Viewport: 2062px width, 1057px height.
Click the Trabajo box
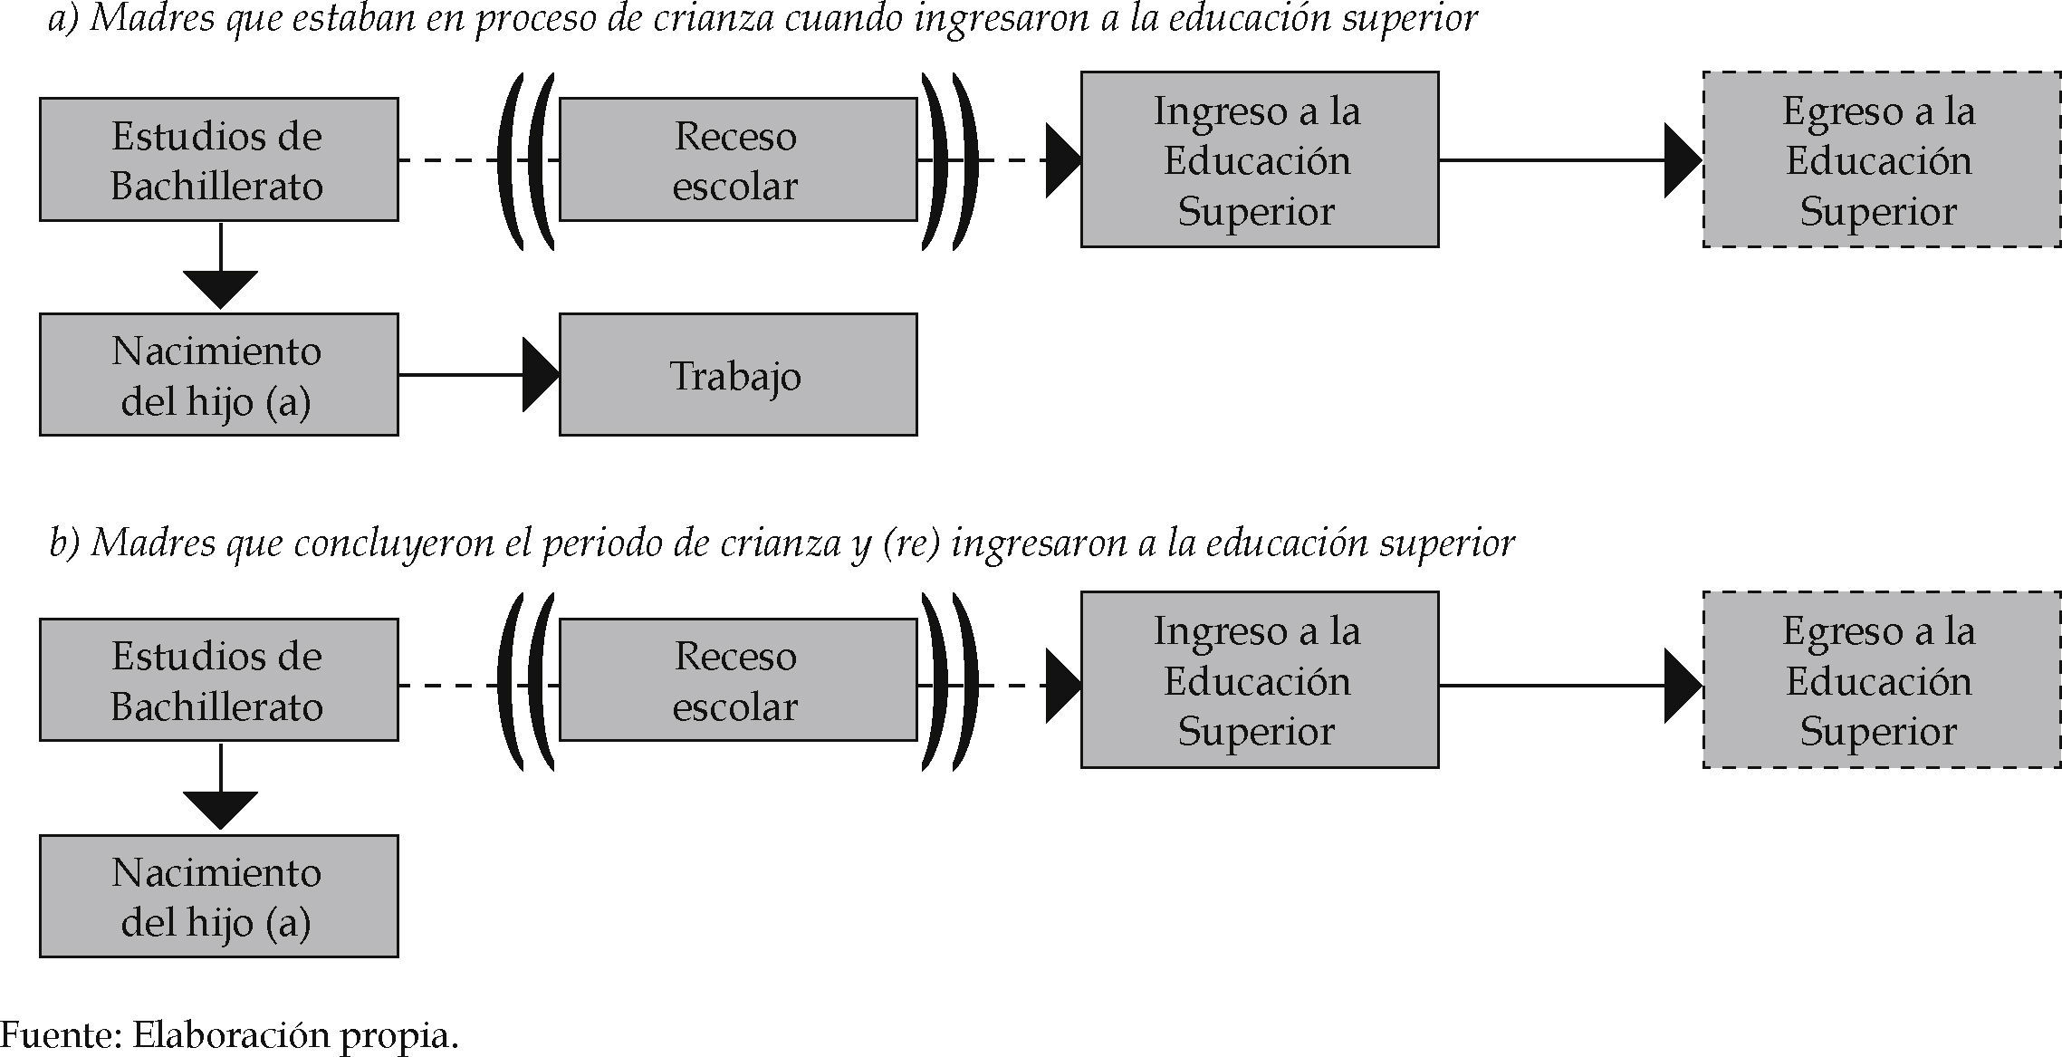coord(737,375)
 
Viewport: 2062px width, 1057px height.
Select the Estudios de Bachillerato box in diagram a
coord(218,160)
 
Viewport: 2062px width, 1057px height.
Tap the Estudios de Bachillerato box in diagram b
coord(218,680)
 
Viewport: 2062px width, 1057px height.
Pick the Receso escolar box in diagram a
coord(737,160)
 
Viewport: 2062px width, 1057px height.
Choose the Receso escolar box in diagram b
coord(737,680)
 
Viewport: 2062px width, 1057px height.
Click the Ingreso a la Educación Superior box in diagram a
coord(1259,160)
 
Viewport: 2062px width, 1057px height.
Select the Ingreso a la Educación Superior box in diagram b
coord(1259,680)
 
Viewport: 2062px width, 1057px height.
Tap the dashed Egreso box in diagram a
coord(1881,160)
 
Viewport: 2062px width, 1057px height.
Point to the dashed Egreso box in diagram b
coord(1881,680)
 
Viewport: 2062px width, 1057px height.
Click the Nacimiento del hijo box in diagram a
coord(218,375)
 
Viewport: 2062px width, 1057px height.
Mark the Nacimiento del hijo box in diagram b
coord(218,896)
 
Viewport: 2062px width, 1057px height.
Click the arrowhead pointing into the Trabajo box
coord(540,375)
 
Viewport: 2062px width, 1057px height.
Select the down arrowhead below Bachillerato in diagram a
coord(220,289)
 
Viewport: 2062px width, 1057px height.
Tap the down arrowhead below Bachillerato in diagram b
coord(220,810)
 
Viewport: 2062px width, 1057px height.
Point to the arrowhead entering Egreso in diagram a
coord(1683,160)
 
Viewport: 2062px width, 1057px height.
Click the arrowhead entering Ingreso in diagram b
coord(1062,686)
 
